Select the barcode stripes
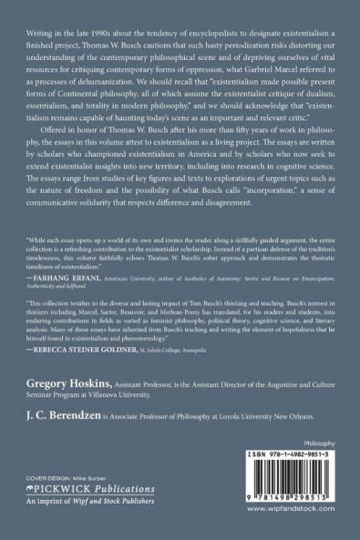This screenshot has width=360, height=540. coord(303,494)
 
